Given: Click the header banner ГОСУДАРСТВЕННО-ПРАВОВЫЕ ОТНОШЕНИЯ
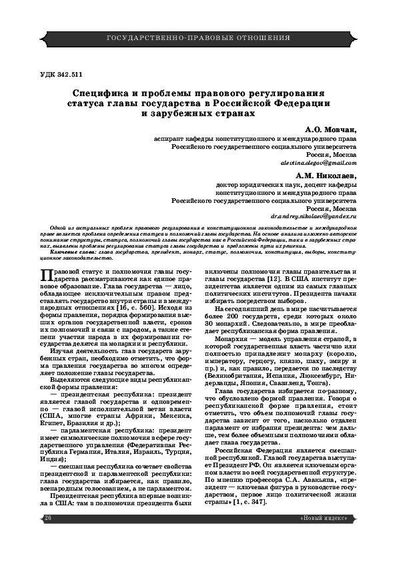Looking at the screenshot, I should tap(198, 37).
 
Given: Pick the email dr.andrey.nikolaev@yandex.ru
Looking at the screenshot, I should tap(314, 217).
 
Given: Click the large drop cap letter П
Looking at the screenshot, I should tap(47, 276).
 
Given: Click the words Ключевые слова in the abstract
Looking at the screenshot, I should tap(70, 254).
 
